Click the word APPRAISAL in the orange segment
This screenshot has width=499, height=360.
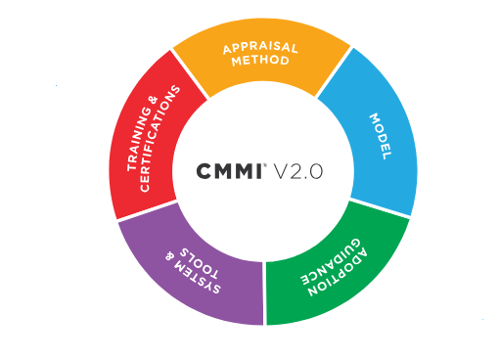tap(260, 46)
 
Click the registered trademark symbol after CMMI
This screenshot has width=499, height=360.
tap(266, 164)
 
